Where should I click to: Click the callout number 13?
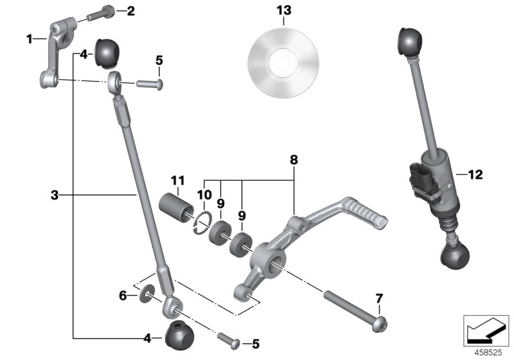[x=284, y=10]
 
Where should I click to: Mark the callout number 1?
[x=29, y=39]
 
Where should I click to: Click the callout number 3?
[x=55, y=194]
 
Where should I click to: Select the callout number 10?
[x=204, y=195]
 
